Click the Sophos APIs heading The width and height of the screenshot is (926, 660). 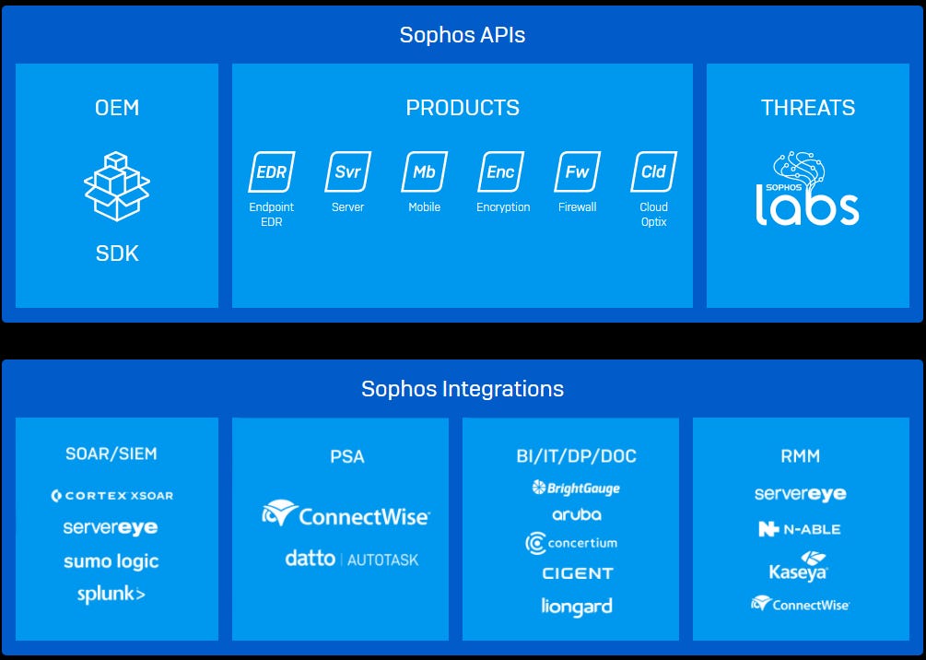point(463,36)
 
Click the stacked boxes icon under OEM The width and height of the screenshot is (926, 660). point(117,187)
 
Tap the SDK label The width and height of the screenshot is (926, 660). point(117,253)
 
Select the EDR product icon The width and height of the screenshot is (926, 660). point(271,172)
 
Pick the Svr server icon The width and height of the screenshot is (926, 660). point(347,172)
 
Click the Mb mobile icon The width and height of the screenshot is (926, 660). point(425,172)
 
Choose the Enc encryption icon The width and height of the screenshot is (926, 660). point(501,172)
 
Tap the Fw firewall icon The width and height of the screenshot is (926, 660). point(578,172)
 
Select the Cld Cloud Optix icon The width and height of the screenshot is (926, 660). point(654,172)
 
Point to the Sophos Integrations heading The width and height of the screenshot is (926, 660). point(463,389)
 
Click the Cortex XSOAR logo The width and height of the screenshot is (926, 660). point(112,495)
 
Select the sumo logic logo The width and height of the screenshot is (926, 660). point(111,561)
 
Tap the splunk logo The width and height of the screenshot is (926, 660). point(111,595)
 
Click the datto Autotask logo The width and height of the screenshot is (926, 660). point(352,559)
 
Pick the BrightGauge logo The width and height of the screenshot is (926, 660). point(576,488)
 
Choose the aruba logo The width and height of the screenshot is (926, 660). point(577,514)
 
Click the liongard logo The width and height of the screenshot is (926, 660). point(577,607)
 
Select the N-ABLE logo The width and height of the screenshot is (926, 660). point(799,529)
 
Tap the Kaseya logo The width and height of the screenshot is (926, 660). point(799,566)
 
